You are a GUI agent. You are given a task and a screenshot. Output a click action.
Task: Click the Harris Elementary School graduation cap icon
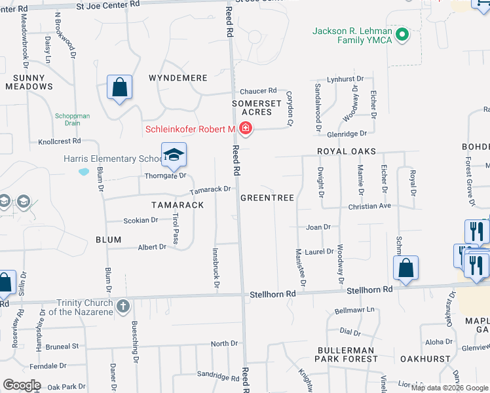174,155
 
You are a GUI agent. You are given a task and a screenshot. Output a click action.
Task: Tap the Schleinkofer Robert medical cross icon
246,128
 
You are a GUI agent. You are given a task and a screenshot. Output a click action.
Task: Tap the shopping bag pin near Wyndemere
120,87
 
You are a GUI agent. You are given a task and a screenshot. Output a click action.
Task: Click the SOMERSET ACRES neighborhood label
257,108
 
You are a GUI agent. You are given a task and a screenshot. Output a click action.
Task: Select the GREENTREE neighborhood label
267,197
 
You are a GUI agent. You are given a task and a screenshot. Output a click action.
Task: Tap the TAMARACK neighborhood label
178,205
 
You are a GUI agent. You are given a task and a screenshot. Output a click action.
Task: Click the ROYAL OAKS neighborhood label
347,151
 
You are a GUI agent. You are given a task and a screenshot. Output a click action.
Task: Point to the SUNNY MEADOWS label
29,81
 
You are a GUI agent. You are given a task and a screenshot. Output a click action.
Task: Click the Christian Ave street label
369,206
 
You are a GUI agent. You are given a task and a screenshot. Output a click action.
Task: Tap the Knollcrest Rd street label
59,141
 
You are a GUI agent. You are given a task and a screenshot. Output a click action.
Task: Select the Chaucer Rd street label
258,91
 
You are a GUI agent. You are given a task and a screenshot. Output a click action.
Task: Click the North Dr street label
224,344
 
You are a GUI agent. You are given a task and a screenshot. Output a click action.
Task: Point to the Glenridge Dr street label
347,134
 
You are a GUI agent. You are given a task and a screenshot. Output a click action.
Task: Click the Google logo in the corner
22,385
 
